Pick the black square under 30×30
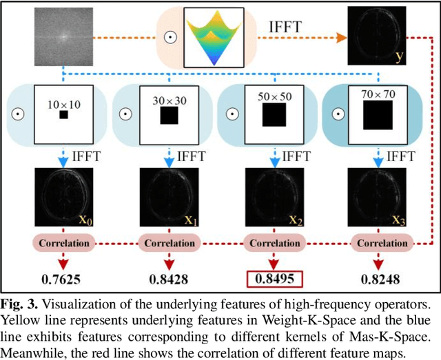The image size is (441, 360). [x=170, y=115]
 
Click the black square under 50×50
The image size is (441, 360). [x=274, y=115]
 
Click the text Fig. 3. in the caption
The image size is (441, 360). [x=21, y=304]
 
